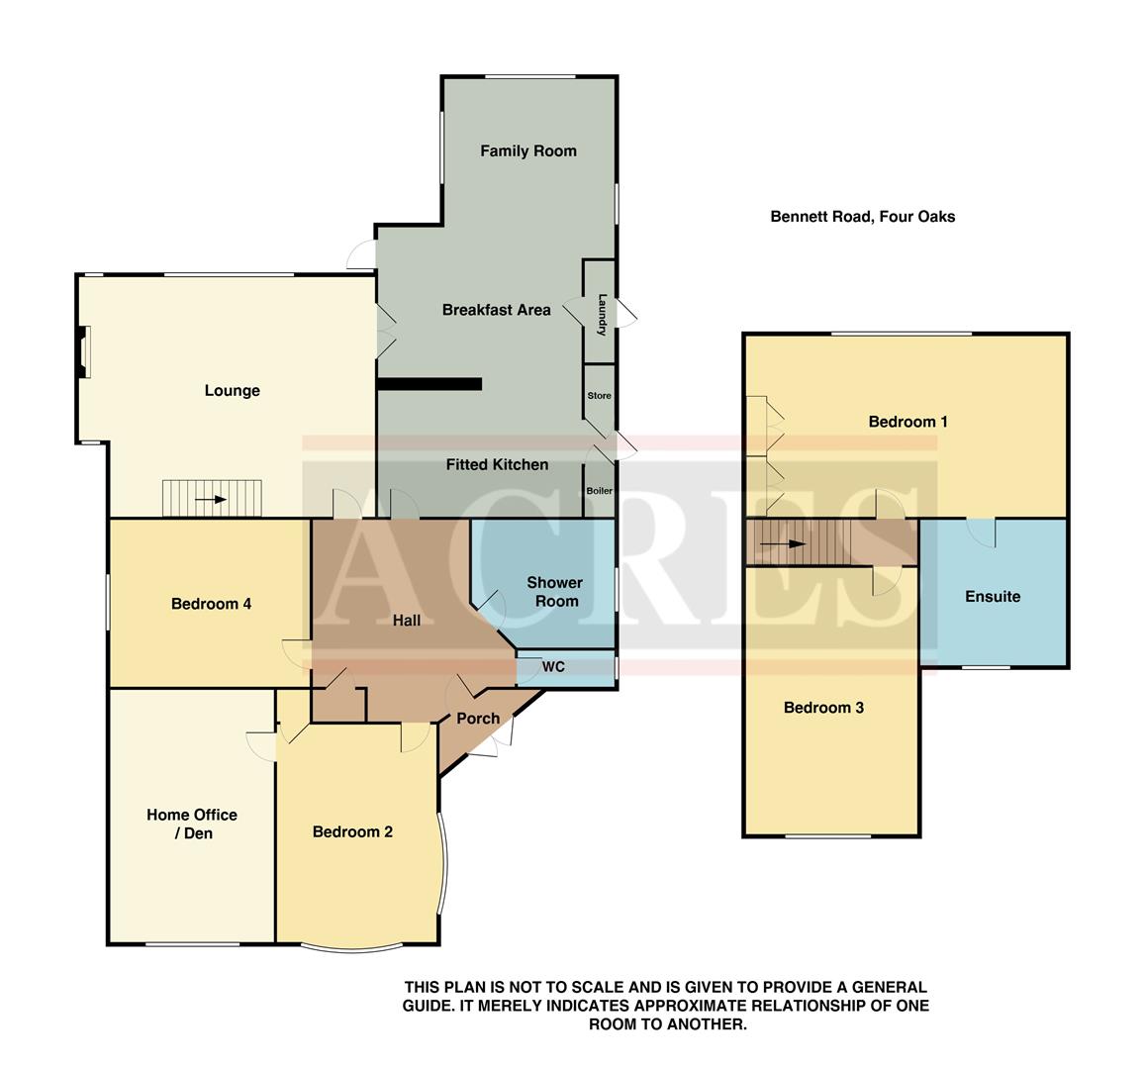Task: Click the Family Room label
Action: coord(527,151)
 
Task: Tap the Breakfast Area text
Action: coord(496,310)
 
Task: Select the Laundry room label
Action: coord(601,314)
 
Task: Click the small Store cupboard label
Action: coord(599,396)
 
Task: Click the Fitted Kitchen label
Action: coord(497,464)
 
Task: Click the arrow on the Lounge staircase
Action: coord(211,500)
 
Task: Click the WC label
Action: coord(553,667)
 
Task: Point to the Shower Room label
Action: coord(554,592)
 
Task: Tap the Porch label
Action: coord(477,719)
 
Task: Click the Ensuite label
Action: coord(992,597)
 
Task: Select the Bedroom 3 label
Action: coord(823,708)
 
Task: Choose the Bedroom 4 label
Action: coord(211,604)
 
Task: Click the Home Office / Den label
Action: coord(192,824)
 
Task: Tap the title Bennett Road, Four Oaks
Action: coord(862,217)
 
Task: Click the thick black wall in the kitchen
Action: coord(429,384)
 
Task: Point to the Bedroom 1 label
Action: coord(907,422)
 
